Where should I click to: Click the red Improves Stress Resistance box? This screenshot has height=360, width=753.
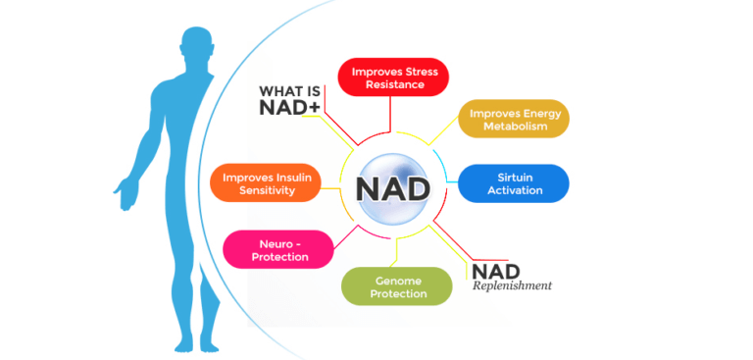coord(393,77)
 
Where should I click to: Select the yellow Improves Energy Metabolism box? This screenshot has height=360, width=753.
coord(514,119)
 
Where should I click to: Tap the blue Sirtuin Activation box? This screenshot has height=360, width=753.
coord(514,183)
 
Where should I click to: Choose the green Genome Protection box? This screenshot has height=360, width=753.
coord(397,286)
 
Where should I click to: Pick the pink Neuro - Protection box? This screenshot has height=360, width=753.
coord(278,249)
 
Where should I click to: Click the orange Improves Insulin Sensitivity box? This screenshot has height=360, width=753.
coord(266,183)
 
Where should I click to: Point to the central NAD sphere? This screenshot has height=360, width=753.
coord(393,187)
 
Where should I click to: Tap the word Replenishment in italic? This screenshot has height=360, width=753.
coord(512,286)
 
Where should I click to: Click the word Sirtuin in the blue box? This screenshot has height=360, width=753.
coord(515,177)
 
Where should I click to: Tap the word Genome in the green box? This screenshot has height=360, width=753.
coord(376,280)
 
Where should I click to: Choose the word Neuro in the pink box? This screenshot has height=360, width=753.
coord(264,242)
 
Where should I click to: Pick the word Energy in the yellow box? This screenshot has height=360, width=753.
coord(541,112)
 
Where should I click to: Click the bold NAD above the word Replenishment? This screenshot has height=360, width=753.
coord(496,270)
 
